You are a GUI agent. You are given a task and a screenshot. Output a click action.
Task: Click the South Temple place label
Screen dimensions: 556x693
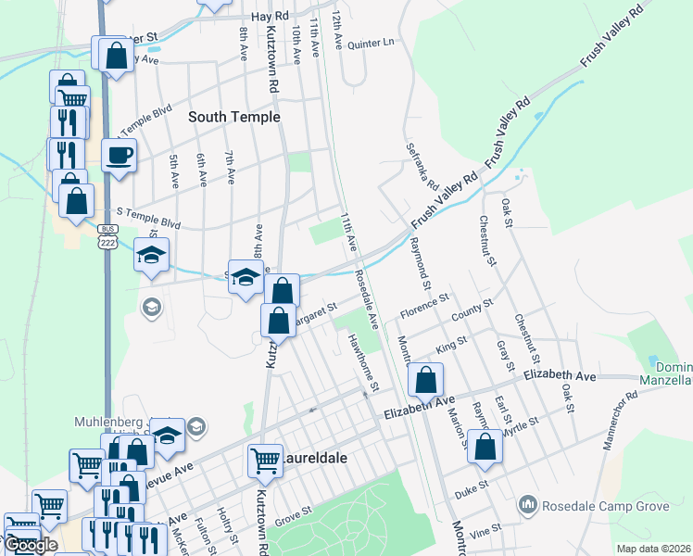click(234, 118)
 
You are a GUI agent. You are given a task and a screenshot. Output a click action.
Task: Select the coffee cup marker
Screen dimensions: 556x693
click(119, 155)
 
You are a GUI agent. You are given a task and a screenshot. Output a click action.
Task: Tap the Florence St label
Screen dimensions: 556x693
click(424, 304)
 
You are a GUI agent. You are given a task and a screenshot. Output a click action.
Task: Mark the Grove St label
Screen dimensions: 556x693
click(291, 512)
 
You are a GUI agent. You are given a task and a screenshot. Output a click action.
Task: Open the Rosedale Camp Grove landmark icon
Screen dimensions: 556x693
click(528, 504)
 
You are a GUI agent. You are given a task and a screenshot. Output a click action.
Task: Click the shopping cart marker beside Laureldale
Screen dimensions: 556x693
click(265, 459)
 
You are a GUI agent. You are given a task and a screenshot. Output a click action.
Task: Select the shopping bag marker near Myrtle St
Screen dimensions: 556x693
click(485, 447)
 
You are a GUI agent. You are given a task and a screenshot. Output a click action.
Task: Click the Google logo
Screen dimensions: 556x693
click(31, 546)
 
